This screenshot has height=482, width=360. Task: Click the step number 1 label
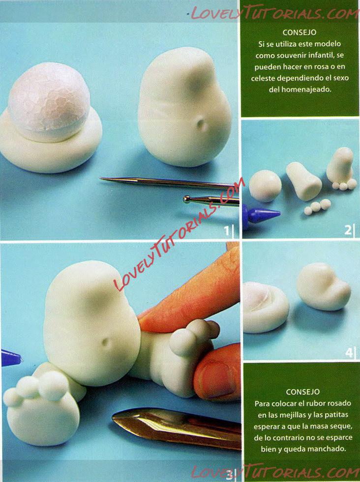pos(227,230)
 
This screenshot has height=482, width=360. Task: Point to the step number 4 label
pos(349,352)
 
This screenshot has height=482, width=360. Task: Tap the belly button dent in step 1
pos(200,124)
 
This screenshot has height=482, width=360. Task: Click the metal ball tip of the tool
pos(187,199)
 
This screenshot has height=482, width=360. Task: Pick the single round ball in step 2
pos(265,186)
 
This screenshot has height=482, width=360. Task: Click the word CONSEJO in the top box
pos(300,32)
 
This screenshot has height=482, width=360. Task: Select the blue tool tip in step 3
pos(11,358)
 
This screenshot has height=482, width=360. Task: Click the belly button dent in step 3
pos(106,342)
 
